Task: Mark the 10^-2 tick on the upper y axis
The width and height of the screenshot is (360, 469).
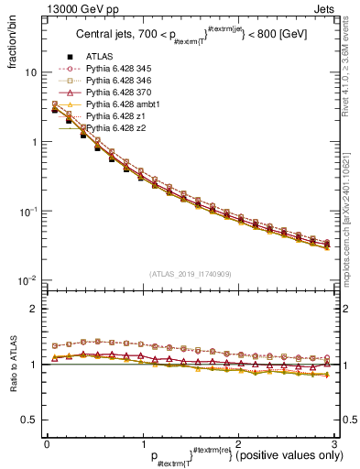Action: tap(27, 280)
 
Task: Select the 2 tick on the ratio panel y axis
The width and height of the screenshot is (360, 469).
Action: tap(32, 309)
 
